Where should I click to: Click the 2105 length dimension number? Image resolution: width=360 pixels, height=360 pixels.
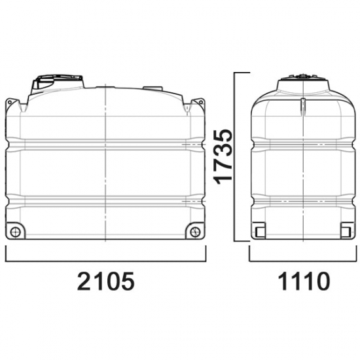tap(105, 281)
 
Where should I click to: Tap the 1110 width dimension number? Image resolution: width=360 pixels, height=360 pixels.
tap(304, 281)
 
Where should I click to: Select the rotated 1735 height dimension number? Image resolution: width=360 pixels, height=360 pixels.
tap(223, 157)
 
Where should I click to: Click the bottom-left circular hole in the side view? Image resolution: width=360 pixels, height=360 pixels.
tap(16, 232)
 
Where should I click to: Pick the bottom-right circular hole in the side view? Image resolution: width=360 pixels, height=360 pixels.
tap(196, 232)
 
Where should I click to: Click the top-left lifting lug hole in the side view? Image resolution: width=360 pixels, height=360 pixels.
tap(10, 102)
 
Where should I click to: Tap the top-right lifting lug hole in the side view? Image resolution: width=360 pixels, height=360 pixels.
tap(201, 102)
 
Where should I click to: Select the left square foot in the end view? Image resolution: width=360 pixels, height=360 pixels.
tap(260, 232)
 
